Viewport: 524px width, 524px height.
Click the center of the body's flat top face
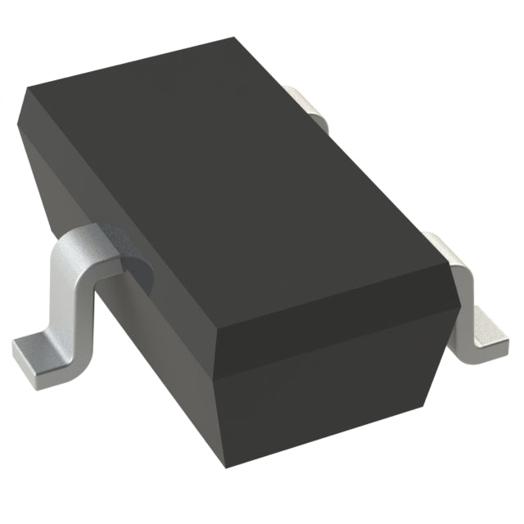[x=237, y=180]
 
